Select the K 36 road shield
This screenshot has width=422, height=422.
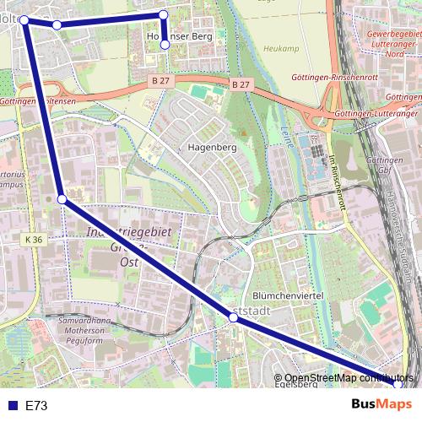coord(33,241)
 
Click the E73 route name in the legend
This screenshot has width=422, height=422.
coord(36,405)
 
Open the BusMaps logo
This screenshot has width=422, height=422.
coord(382,404)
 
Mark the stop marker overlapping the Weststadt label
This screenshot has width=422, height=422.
coord(235,317)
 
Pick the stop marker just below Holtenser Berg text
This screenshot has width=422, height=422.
coord(165,46)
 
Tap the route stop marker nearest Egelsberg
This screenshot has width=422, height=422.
coord(398,385)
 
